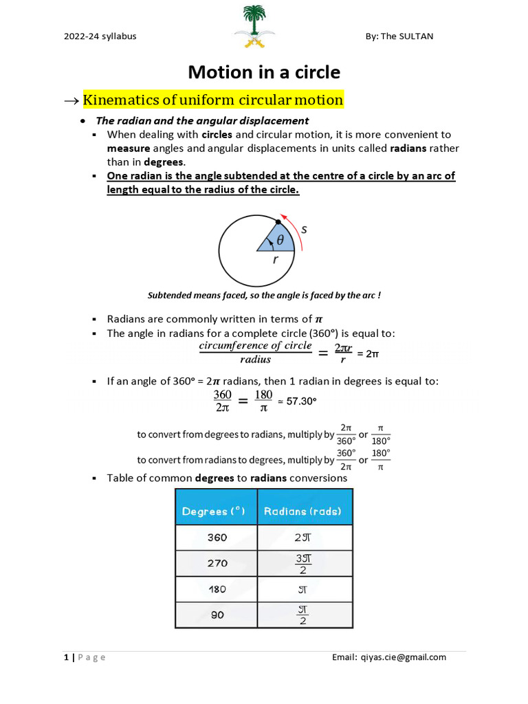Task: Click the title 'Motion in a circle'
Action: pos(264,72)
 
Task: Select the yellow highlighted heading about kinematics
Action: pos(213,100)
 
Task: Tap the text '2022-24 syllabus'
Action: pos(100,36)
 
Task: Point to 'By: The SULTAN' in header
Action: pos(399,36)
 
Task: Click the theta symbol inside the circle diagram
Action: pos(280,240)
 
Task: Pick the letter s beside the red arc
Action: pos(304,230)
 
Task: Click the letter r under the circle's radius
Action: pos(276,260)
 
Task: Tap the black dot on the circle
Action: pos(278,222)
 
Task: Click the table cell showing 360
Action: pos(217,538)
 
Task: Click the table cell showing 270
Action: pos(217,563)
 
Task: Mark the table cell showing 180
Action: pos(217,589)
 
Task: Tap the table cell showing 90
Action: pos(217,615)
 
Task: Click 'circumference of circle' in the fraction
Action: pos(255,346)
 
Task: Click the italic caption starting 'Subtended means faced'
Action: pos(264,295)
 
